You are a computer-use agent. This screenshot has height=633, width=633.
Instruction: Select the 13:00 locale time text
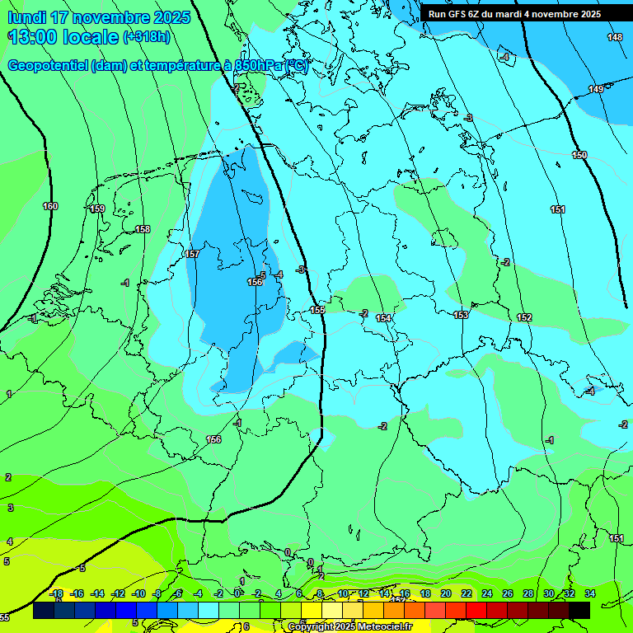click(63, 37)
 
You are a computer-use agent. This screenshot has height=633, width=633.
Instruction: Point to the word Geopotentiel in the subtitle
click(46, 66)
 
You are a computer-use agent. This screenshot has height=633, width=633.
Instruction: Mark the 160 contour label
click(50, 206)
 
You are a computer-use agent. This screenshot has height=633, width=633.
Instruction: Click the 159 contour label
click(97, 209)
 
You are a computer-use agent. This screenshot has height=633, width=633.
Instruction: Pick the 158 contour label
click(143, 229)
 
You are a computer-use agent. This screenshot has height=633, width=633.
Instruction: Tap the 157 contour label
click(192, 255)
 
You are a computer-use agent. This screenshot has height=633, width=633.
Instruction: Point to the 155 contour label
click(317, 310)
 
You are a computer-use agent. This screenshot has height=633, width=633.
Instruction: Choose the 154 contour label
click(383, 318)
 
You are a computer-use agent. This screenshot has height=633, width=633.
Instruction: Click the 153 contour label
click(461, 315)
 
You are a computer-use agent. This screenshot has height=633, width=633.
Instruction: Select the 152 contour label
click(524, 317)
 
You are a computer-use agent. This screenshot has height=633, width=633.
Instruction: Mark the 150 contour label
click(579, 155)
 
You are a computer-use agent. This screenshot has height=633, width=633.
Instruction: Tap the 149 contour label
click(596, 89)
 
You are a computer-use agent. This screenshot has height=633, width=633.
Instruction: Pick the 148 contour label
click(615, 37)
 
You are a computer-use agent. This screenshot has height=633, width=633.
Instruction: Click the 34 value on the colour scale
click(589, 593)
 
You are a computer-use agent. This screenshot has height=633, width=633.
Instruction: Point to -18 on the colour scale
click(57, 593)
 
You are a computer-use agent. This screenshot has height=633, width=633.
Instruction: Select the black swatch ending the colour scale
click(579, 610)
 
